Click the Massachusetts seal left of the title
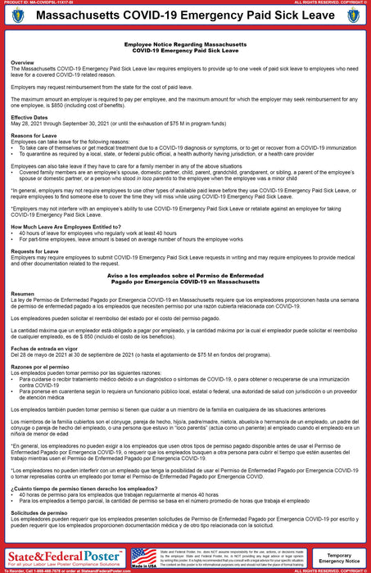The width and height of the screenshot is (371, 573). [17, 16]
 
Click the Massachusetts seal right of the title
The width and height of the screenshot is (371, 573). [354, 16]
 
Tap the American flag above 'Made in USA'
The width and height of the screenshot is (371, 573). [143, 555]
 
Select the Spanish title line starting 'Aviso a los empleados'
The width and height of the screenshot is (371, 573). [185, 276]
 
